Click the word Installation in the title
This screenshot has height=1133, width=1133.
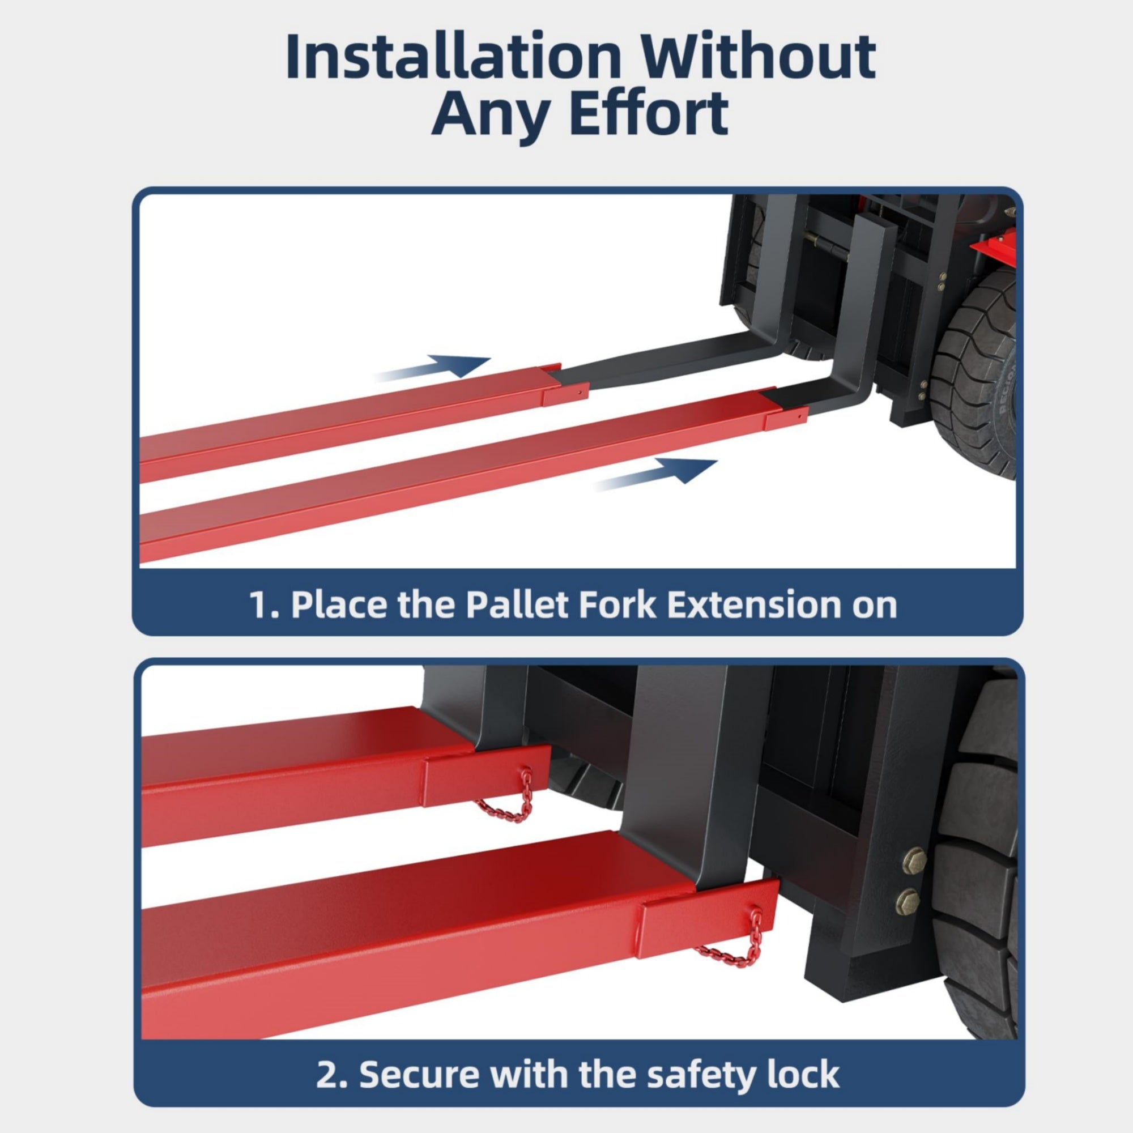coord(453,57)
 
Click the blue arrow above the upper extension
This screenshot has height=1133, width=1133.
coord(432,368)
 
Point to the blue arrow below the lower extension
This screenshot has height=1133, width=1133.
coord(656,474)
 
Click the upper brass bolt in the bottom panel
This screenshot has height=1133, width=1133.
coord(914,861)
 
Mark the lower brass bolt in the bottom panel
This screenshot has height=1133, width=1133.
coord(908,902)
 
